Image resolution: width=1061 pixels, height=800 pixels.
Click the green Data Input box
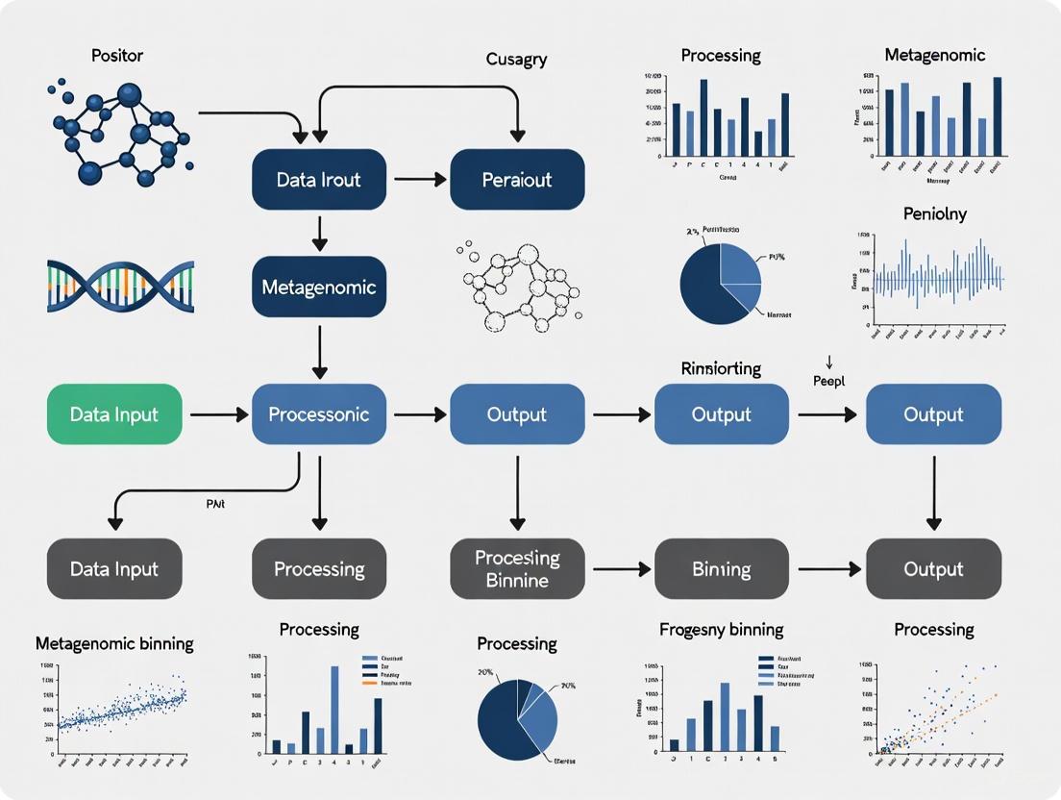[x=114, y=414]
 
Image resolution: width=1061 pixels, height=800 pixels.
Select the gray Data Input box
[x=114, y=569]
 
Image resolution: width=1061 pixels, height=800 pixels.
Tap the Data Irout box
[x=318, y=180]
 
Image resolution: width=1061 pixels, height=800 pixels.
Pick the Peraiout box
[x=517, y=180]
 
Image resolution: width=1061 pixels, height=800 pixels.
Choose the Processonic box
[x=318, y=414]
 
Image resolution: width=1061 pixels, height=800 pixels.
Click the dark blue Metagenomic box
[x=318, y=287]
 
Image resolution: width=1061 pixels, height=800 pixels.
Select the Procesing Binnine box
[x=517, y=569]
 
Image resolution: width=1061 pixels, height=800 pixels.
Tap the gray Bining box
[x=721, y=569]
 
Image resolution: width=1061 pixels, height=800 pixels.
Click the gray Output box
[x=933, y=569]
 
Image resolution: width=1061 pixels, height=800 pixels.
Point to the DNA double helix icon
[x=120, y=286]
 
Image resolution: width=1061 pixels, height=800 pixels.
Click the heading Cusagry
[x=516, y=60]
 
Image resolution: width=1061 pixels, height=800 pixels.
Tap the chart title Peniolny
[x=934, y=213]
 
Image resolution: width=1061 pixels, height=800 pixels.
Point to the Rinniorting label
[x=721, y=368]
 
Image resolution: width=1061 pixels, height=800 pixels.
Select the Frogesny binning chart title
[x=721, y=630]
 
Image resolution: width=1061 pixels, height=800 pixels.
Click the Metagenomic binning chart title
[x=114, y=643]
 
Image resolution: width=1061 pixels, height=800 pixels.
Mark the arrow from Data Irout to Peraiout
[x=420, y=180]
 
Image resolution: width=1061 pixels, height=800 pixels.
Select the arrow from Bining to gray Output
[x=827, y=569]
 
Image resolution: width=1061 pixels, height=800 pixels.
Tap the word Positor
[x=117, y=55]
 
